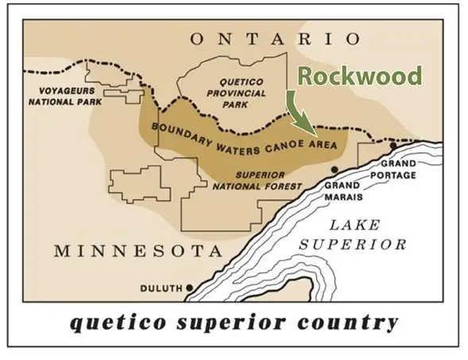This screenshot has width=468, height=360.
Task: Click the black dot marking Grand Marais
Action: point(335,170)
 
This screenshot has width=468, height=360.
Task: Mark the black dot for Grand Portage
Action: point(393,146)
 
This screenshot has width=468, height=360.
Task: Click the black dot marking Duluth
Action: point(189,287)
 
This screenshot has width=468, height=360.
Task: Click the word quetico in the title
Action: point(115,323)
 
